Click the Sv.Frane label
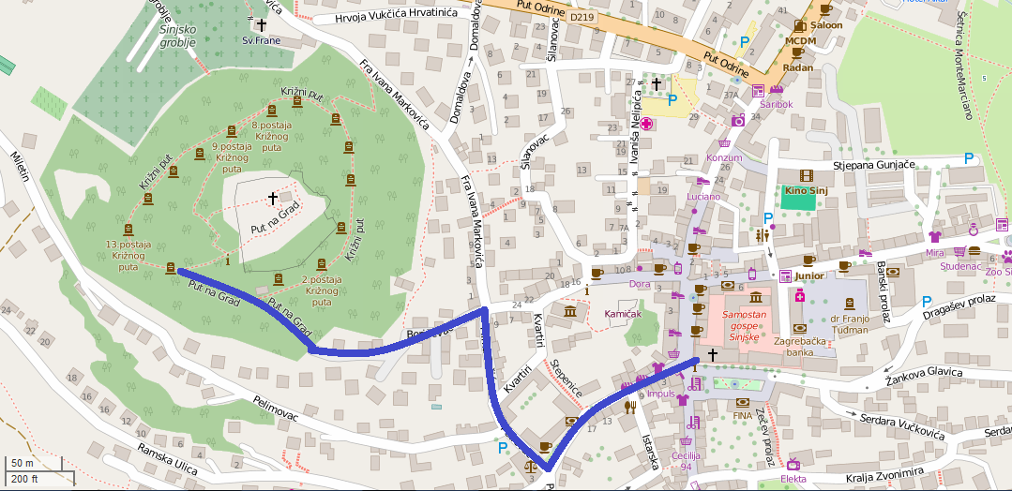pos(261,40)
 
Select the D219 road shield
pos(582,17)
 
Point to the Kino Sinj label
pos(808,191)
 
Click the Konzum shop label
pos(723,157)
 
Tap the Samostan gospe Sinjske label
pos(743,320)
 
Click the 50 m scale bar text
pos(22,463)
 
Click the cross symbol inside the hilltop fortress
pos(273,198)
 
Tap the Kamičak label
pos(623,313)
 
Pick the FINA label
pos(743,414)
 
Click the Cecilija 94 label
pos(687,461)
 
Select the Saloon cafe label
pos(825,25)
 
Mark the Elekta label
pos(794,479)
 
